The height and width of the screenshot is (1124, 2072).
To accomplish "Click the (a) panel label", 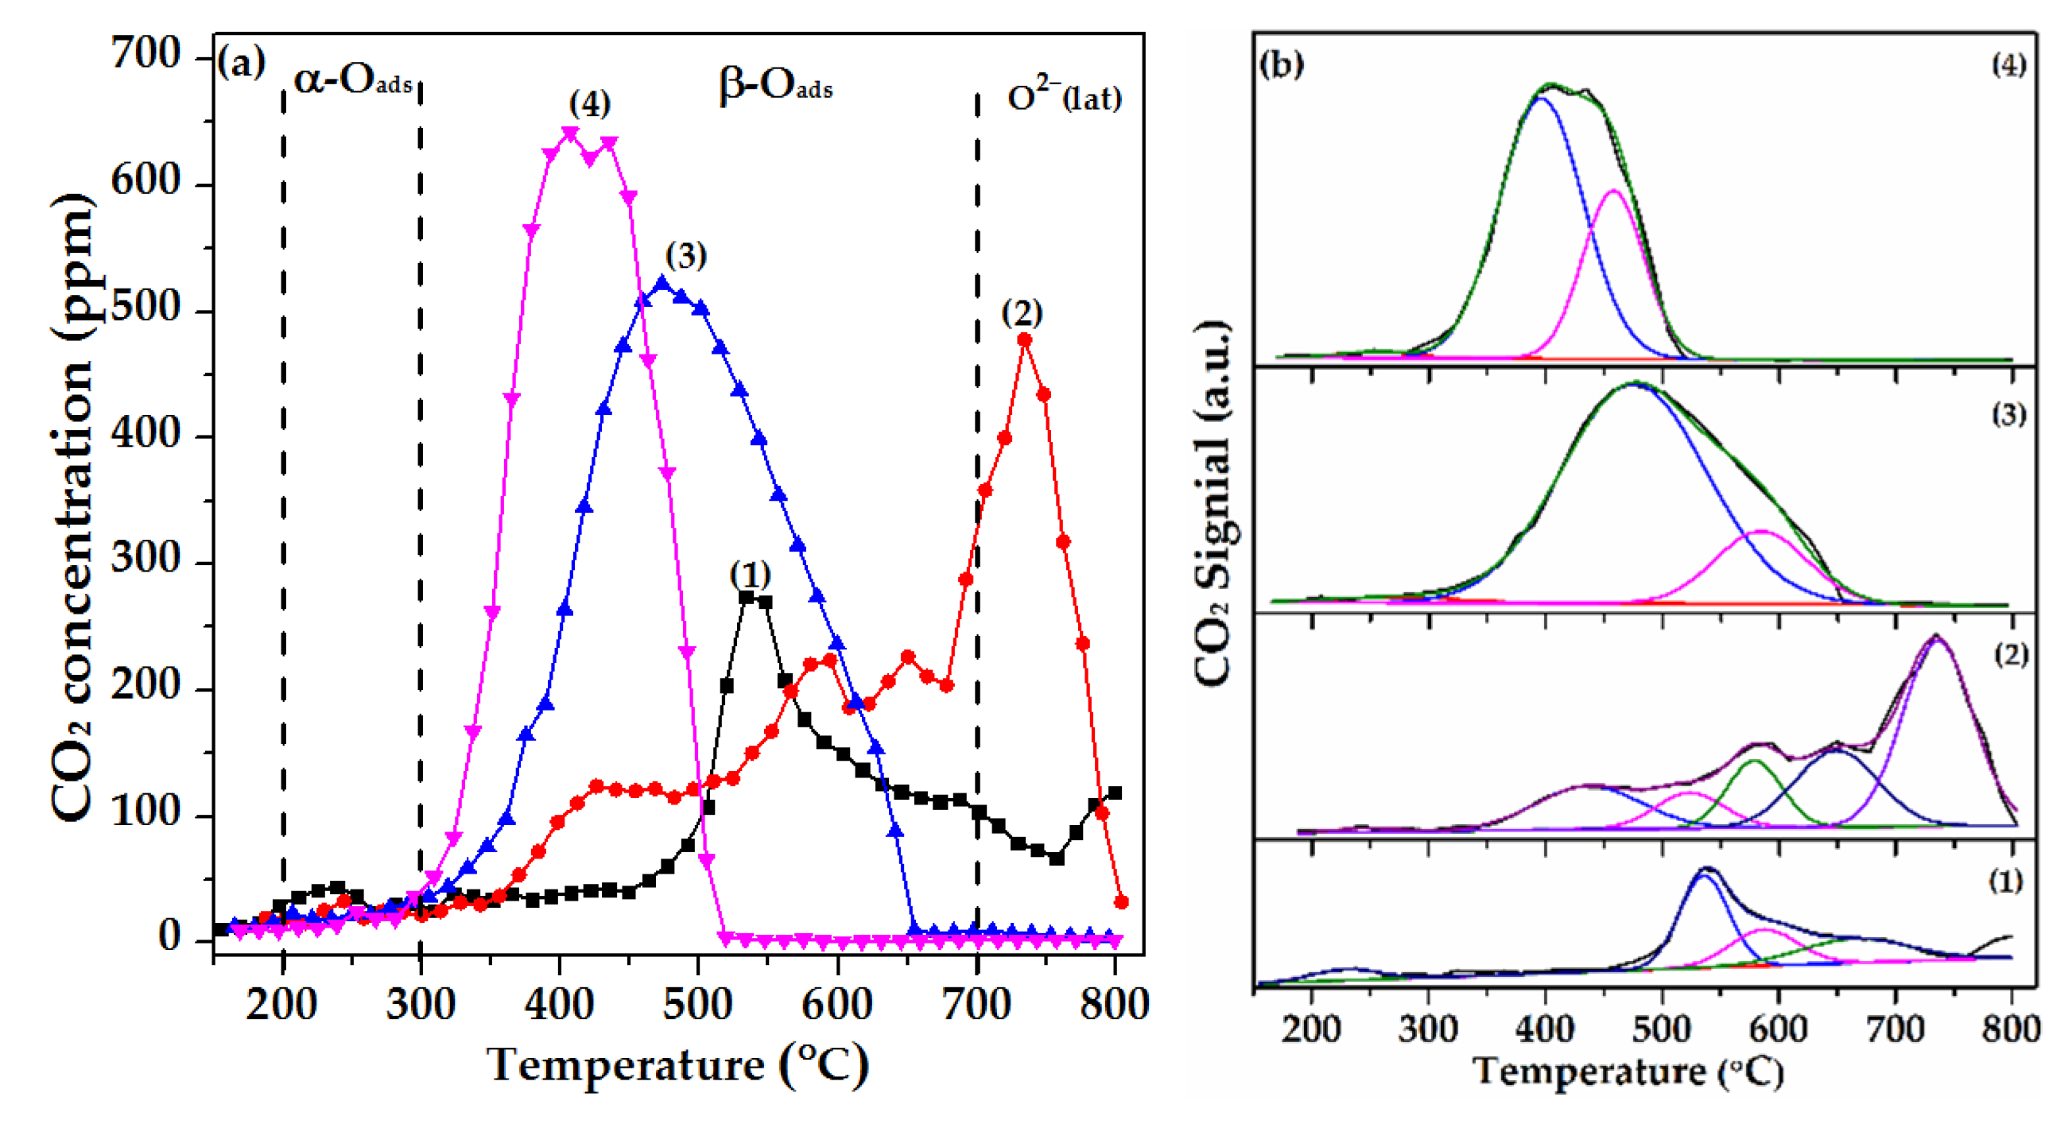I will (x=240, y=63).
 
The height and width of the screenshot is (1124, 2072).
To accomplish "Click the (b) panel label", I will (x=1282, y=64).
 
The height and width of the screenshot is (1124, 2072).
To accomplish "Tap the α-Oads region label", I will (x=352, y=80).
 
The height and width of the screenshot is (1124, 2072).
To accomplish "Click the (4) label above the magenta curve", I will (x=590, y=103).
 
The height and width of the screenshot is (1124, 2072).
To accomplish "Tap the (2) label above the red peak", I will (x=1022, y=312).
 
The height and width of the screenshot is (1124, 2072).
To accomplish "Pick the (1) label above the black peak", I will (x=750, y=574).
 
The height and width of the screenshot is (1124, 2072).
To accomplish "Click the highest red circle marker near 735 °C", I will (x=1025, y=340).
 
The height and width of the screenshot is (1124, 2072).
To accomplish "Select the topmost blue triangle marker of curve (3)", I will (x=663, y=283).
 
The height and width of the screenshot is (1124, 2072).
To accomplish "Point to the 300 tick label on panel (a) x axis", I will (x=420, y=1004).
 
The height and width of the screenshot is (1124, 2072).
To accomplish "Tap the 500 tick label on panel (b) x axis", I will (x=1661, y=1029).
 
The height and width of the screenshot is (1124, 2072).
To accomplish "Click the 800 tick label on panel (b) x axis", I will (x=2010, y=1029).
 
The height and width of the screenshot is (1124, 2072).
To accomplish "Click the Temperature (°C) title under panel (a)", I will (x=677, y=1065).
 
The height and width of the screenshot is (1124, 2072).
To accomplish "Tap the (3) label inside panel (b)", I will (x=2008, y=414).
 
